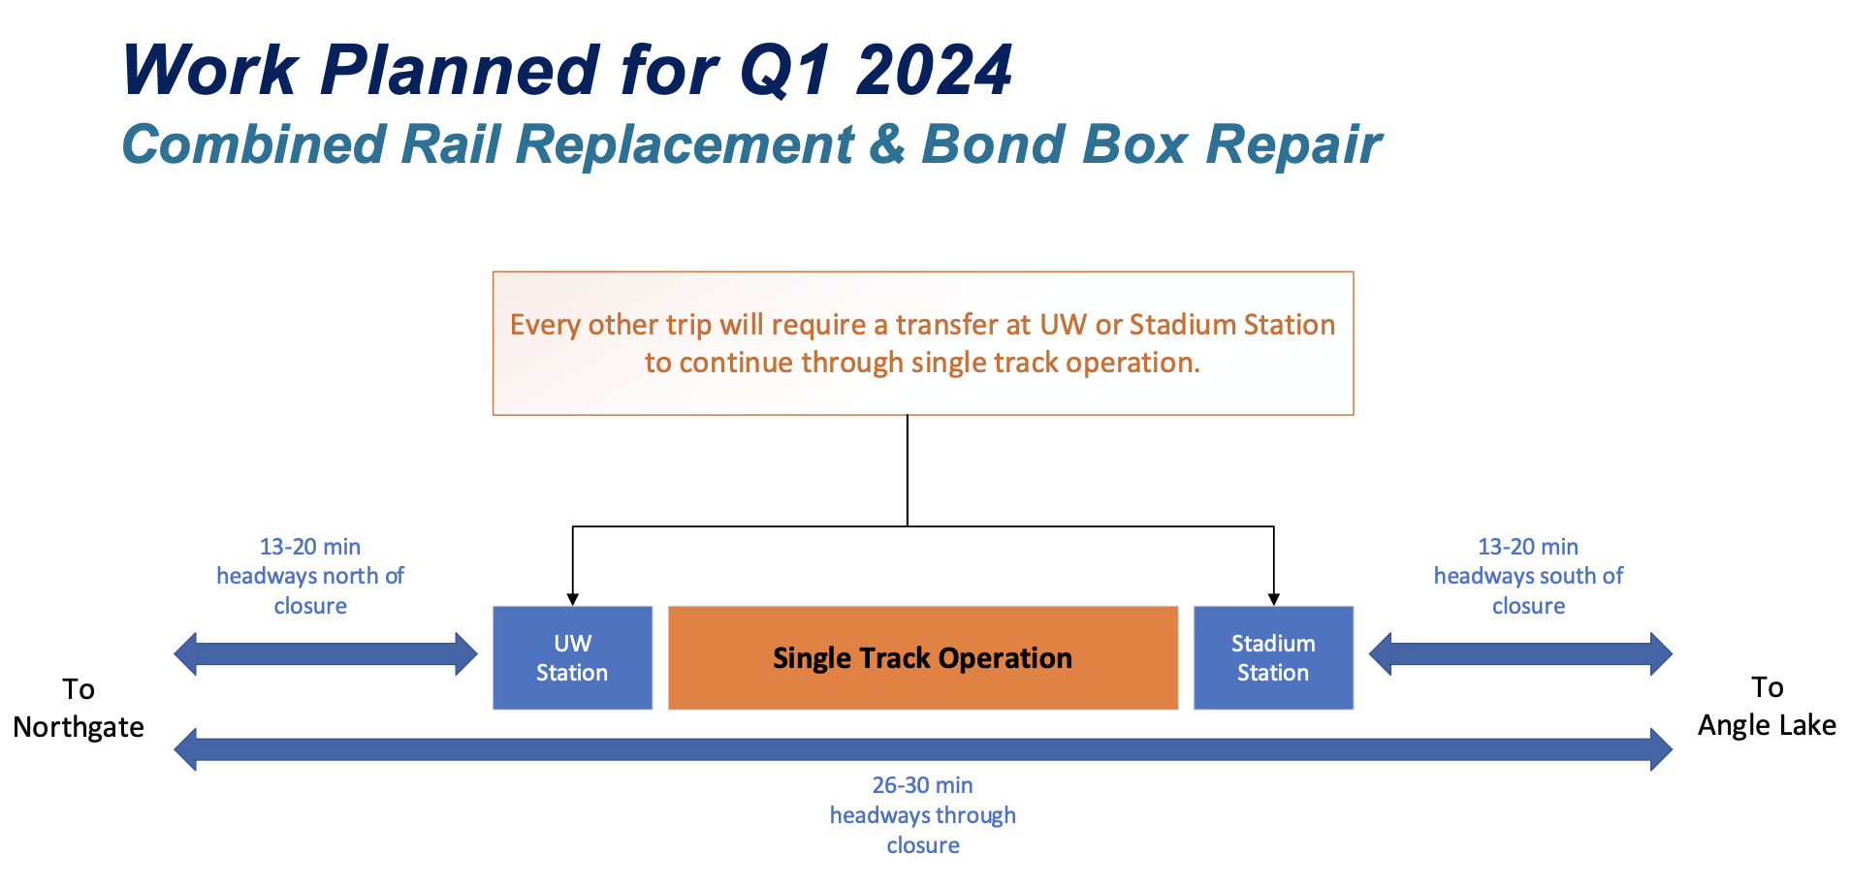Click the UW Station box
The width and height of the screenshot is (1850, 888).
(x=572, y=658)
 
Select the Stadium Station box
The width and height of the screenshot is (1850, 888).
(x=1273, y=658)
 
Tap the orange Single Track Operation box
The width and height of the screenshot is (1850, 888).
(x=923, y=658)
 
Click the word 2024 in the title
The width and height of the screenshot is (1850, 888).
(x=935, y=70)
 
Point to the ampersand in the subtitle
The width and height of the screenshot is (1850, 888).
(x=887, y=144)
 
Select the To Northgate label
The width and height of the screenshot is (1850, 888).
(x=79, y=708)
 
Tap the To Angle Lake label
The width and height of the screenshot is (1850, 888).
(x=1767, y=706)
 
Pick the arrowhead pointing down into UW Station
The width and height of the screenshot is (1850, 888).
(x=573, y=600)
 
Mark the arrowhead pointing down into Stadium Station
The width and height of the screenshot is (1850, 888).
(x=1274, y=600)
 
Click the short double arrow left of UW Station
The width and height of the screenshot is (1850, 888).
(x=326, y=654)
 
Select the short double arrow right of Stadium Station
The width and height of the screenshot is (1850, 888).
(x=1520, y=654)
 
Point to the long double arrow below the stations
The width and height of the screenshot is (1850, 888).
(x=923, y=749)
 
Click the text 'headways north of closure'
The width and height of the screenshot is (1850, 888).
(x=310, y=590)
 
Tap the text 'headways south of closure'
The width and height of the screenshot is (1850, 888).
(x=1528, y=590)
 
